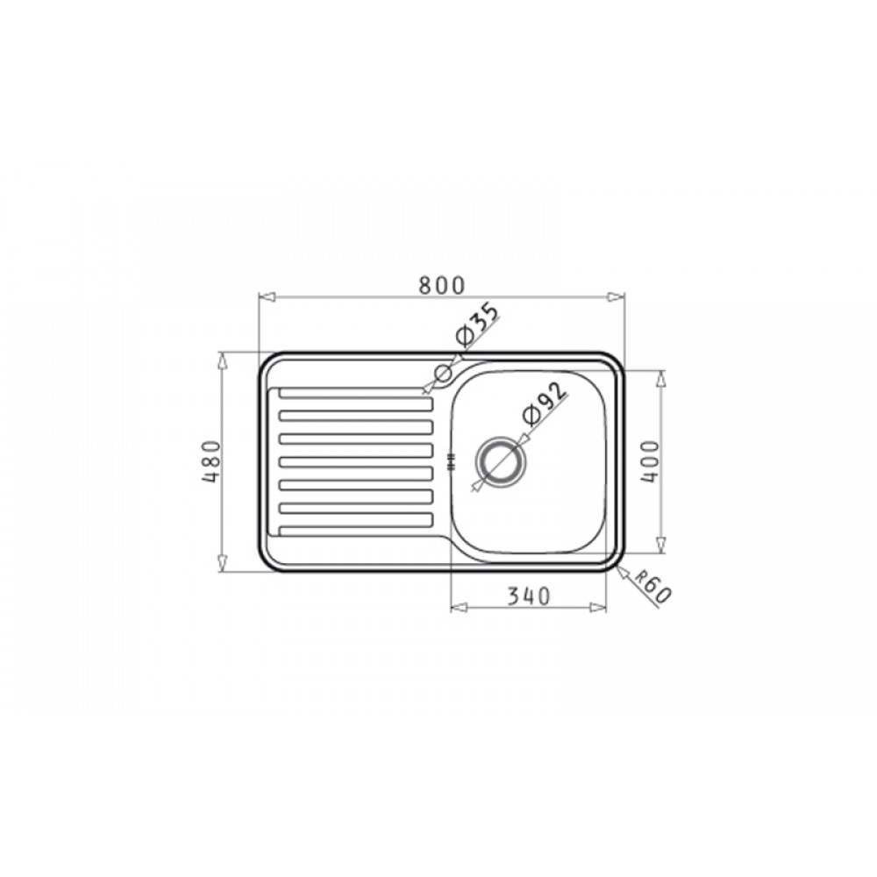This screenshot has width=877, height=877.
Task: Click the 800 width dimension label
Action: (442, 285)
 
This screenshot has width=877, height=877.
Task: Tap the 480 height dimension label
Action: (212, 463)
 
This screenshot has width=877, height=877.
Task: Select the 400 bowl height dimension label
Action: (651, 461)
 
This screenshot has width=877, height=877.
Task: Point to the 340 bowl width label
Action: (529, 596)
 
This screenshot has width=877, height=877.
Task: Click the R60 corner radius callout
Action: (652, 589)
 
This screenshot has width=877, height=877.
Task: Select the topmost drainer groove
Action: (356, 393)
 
